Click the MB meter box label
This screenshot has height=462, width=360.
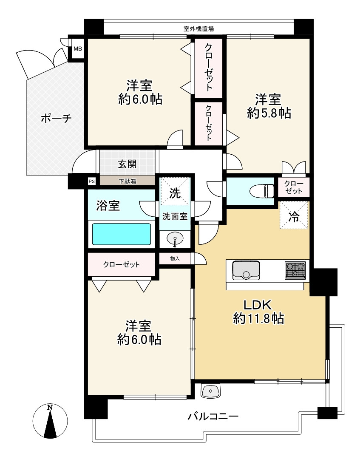coord(78,49)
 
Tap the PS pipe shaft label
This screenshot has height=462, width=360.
coord(92,181)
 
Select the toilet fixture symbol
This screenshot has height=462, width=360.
coord(262,191)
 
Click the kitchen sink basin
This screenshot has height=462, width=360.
coord(246,270)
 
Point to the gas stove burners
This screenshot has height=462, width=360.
coord(296,270)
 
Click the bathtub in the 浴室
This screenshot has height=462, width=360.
coord(122,234)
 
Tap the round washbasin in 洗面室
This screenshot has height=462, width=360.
coord(175,238)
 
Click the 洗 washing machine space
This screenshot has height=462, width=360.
coord(175,191)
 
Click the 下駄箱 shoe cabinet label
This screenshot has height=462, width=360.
coord(128,181)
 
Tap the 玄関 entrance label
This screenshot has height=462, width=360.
coord(127,164)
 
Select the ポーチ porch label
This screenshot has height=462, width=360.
coord(56,119)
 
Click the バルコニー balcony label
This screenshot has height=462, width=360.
coord(213,417)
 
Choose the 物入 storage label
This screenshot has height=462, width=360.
coord(175,258)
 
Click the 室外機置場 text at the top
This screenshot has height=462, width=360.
coord(199,28)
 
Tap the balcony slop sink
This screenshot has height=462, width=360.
coord(211,391)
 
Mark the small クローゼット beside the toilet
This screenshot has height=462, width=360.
coord(294,187)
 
